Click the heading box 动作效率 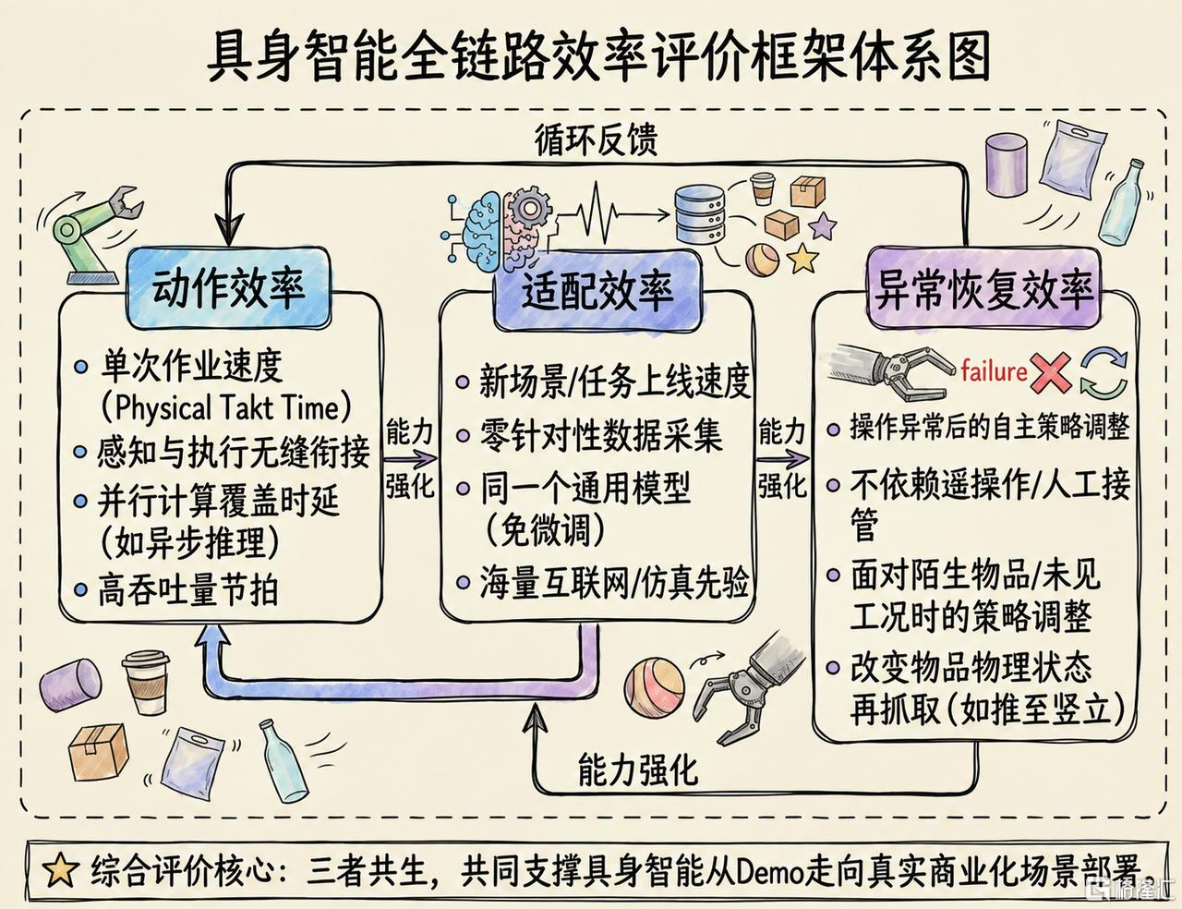(229, 288)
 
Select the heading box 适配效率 (597, 291)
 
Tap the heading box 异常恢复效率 (983, 289)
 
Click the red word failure (994, 371)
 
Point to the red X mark (1051, 372)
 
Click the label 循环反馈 (597, 139)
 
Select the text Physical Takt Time (225, 408)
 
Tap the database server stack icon (700, 214)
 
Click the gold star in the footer (60, 869)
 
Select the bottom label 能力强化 (637, 770)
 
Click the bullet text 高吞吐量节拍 (188, 590)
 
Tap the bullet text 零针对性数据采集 (600, 435)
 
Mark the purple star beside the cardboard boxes (821, 225)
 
